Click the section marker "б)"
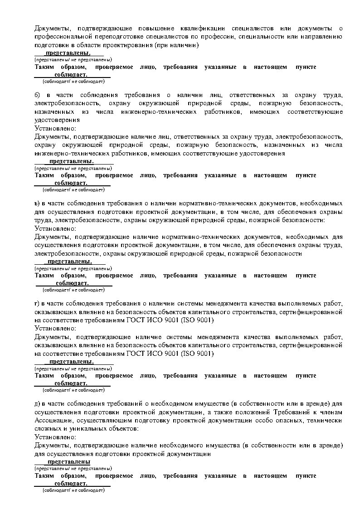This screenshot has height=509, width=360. click(38, 95)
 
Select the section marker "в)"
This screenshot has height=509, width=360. click(38, 204)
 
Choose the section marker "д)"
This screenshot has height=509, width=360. click(38, 404)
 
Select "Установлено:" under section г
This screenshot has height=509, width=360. click(55, 328)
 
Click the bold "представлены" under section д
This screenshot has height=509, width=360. click(69, 462)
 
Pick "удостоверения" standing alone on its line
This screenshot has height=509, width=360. click(57, 120)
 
